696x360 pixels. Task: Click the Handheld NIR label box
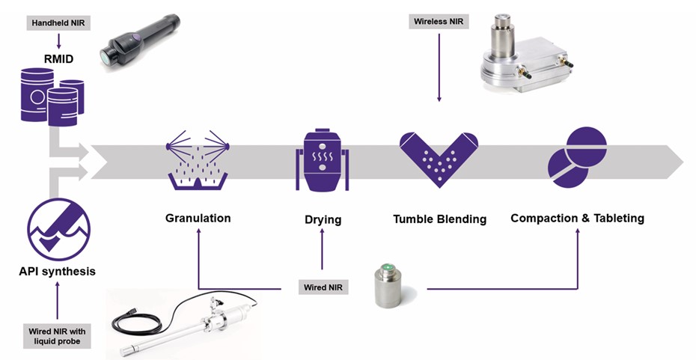(x=57, y=24)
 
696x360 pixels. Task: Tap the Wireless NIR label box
(x=439, y=21)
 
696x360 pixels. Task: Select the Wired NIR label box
(x=323, y=287)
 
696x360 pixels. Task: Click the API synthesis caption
(x=58, y=271)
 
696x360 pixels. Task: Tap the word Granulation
(x=198, y=219)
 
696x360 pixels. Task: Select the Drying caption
(x=323, y=220)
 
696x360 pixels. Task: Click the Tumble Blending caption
(x=439, y=219)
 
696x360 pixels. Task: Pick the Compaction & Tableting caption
(x=577, y=219)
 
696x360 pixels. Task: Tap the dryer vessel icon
(x=323, y=159)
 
